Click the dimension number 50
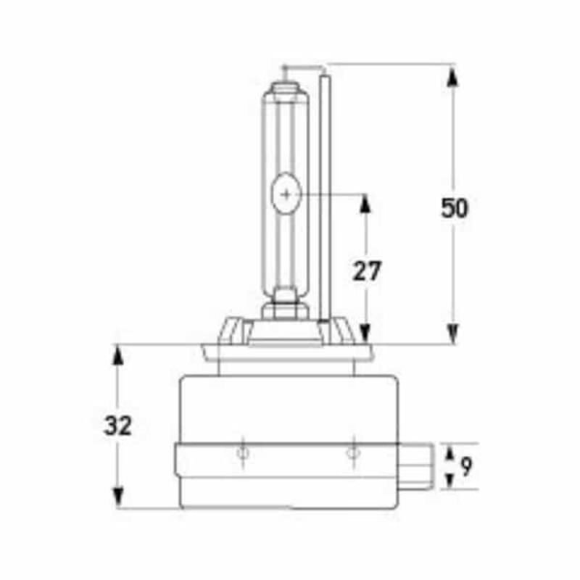[455, 208]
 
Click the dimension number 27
[367, 270]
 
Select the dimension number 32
[117, 426]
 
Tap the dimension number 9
[465, 467]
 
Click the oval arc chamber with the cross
[287, 194]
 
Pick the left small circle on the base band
[243, 453]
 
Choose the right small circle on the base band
[352, 453]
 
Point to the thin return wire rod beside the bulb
[325, 196]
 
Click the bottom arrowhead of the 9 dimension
[446, 481]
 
